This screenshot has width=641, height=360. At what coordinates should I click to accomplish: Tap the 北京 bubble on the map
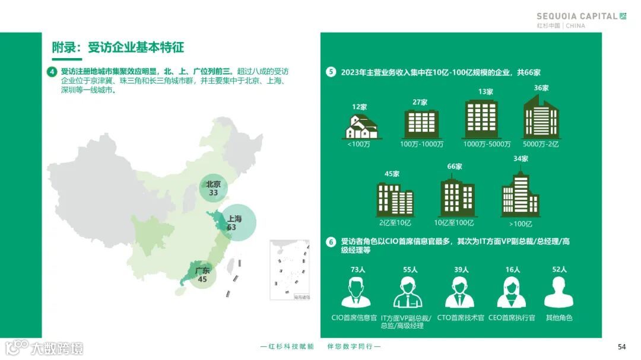[x=214, y=188]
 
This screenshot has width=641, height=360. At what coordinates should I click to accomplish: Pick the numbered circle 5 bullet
[x=331, y=72]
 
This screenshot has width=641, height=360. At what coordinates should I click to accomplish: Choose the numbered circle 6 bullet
[x=331, y=242]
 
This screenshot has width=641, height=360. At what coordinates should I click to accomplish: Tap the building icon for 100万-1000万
[x=421, y=123]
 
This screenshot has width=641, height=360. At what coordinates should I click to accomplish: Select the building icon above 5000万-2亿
[x=541, y=117]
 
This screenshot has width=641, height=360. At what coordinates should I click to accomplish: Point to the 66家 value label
[x=455, y=167]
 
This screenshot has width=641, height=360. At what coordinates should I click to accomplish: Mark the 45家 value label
[x=392, y=174]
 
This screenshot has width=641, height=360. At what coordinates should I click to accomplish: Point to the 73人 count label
[x=358, y=269]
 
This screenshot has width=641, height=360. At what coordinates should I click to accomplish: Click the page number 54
[x=622, y=347]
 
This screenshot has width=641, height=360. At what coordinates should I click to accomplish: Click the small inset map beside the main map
[x=290, y=270]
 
